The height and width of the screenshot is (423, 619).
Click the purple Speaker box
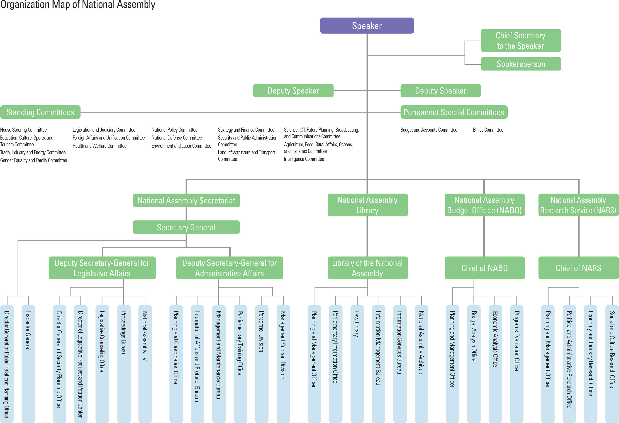(x=367, y=26)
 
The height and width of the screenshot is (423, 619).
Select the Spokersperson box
(x=521, y=64)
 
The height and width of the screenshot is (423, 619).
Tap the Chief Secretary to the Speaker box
(x=521, y=41)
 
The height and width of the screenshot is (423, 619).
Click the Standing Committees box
(x=40, y=112)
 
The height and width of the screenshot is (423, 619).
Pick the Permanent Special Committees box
(x=454, y=112)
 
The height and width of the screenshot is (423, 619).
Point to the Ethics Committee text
(x=488, y=130)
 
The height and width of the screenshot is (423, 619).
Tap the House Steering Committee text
(x=23, y=130)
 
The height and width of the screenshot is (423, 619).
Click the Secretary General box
(x=186, y=227)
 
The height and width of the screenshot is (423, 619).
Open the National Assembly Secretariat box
(x=186, y=201)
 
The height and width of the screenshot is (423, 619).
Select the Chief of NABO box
(x=485, y=268)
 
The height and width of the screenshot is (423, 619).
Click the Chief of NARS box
(x=578, y=268)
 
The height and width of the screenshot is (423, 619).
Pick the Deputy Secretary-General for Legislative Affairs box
(x=102, y=268)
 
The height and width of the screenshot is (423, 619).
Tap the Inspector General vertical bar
(x=28, y=364)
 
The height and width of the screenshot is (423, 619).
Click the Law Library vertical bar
(x=357, y=364)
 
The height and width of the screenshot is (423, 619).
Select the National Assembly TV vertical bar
(x=145, y=364)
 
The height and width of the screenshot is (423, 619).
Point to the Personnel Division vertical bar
(x=262, y=364)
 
